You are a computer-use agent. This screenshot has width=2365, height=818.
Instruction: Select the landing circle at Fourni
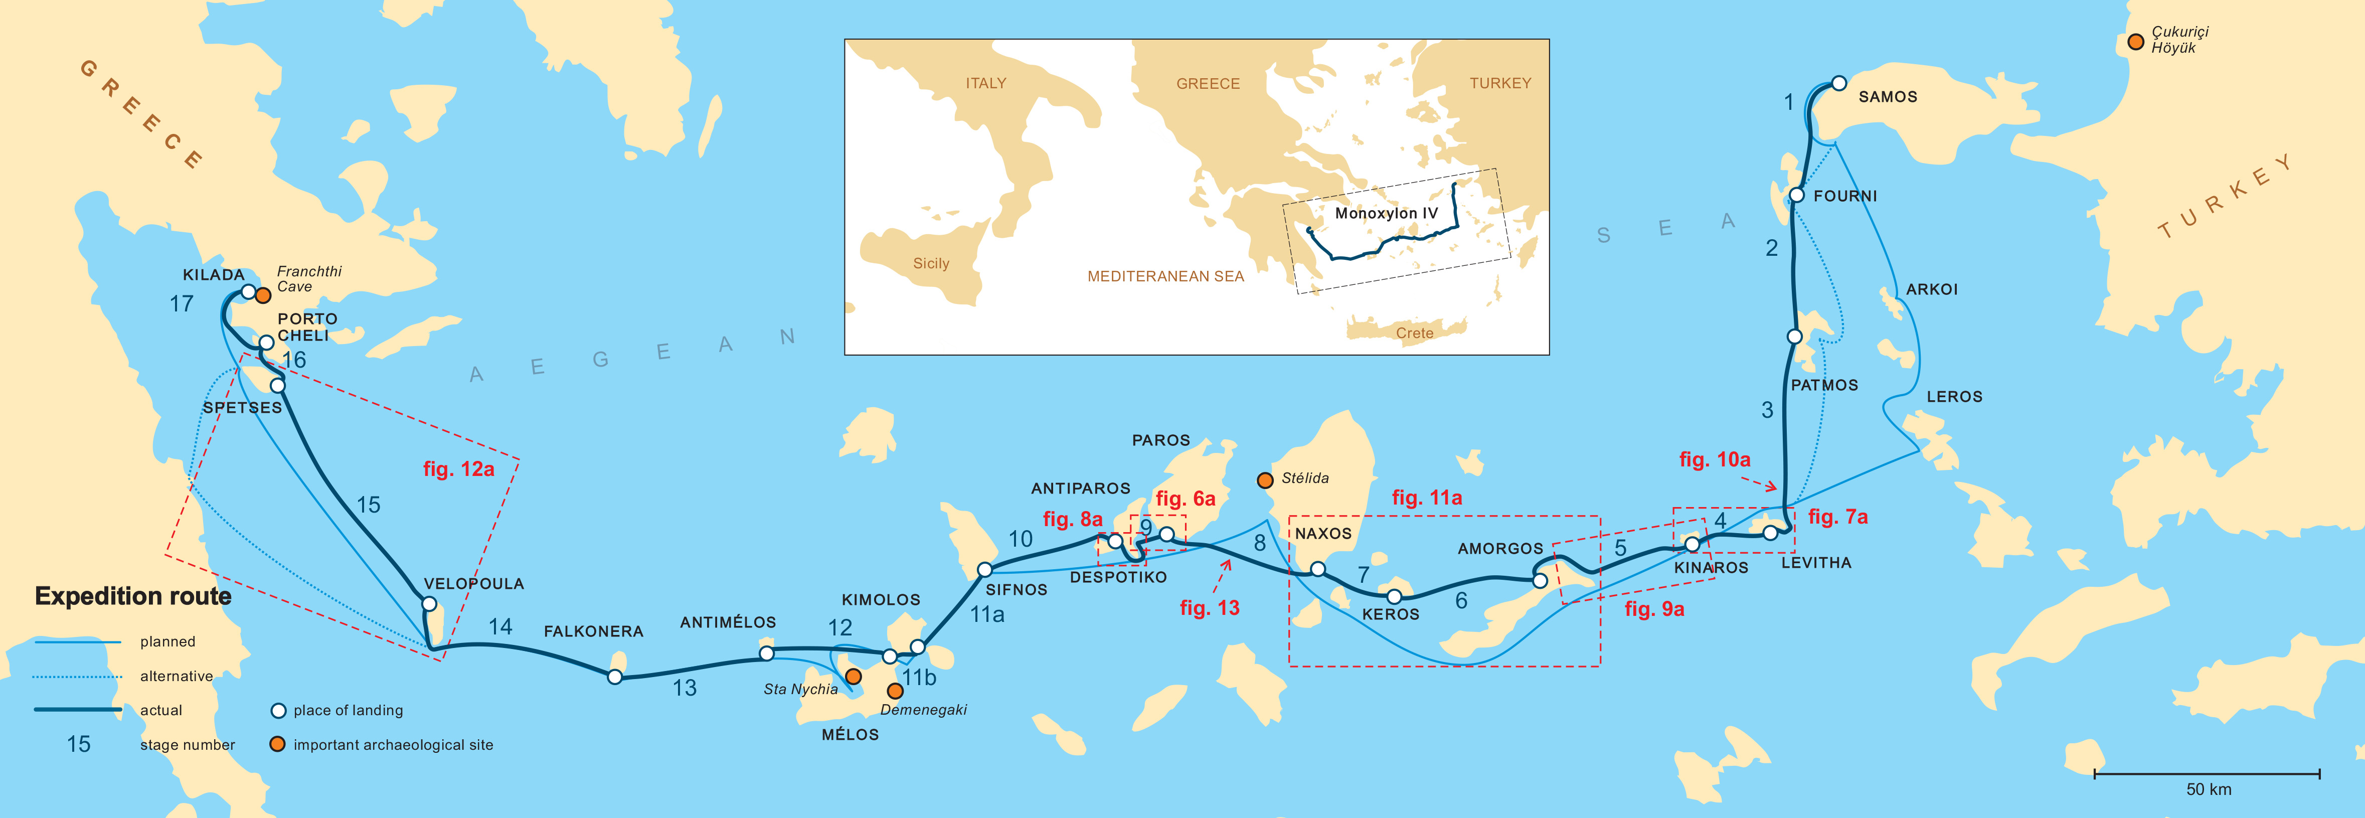[1797, 196]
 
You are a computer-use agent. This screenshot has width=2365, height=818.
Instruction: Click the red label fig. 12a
[458, 469]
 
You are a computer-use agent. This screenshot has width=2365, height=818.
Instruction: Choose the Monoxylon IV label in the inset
[1386, 213]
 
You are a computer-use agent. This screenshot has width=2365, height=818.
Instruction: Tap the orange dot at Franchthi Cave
[263, 295]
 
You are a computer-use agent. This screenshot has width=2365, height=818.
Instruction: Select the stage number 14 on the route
[500, 627]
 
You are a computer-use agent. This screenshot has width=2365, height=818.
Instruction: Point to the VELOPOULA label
[474, 584]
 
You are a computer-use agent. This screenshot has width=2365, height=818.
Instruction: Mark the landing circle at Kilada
[248, 292]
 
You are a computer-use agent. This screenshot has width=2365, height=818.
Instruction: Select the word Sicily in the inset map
[930, 263]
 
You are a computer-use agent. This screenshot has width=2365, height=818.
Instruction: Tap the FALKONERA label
[593, 631]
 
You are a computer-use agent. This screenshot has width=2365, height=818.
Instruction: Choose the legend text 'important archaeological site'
[393, 745]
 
